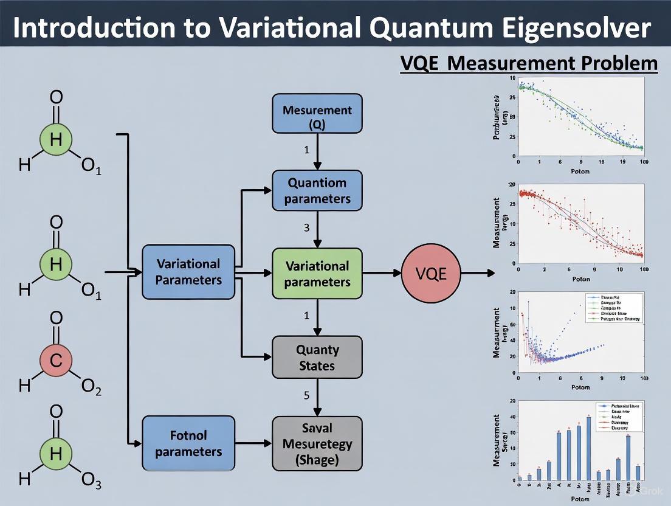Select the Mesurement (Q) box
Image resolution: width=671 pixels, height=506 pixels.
click(x=317, y=114)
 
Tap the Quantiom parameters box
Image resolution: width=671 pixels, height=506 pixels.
click(x=317, y=190)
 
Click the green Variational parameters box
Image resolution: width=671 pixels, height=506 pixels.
click(x=317, y=273)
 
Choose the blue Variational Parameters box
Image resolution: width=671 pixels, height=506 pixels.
click(x=188, y=272)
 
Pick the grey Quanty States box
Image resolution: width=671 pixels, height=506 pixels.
click(x=317, y=357)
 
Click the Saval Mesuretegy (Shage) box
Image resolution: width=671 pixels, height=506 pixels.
click(x=317, y=443)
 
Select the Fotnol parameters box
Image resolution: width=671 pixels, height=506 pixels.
click(x=188, y=443)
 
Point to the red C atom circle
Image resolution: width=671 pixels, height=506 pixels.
click(x=56, y=360)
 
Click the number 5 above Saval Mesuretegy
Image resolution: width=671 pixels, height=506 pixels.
click(x=307, y=395)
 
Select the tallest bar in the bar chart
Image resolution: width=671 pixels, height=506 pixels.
click(x=588, y=448)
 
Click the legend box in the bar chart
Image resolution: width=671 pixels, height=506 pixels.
click(x=618, y=417)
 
